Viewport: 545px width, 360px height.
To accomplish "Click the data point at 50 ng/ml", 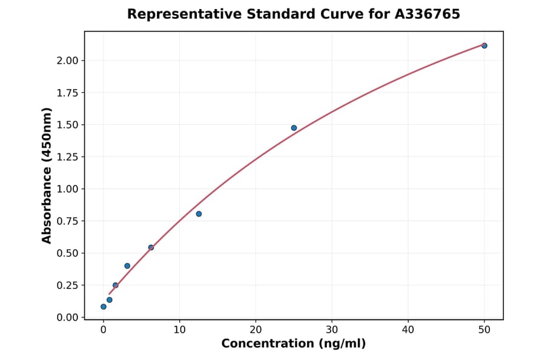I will (x=484, y=45).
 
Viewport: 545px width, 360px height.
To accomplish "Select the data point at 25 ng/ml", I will (x=294, y=128).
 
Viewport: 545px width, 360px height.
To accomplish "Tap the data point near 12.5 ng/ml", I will (x=199, y=214).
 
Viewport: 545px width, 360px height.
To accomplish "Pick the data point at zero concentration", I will (x=104, y=307).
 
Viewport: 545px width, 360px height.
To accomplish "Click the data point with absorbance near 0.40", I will (x=127, y=266).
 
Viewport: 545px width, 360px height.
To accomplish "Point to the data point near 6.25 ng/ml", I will (x=151, y=247).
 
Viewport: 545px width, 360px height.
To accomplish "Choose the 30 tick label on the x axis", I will (x=332, y=330).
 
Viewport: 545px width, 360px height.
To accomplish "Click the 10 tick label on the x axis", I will (x=179, y=330).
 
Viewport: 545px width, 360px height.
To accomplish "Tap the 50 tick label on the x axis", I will (x=484, y=330).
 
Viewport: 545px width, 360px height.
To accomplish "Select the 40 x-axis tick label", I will (x=408, y=330).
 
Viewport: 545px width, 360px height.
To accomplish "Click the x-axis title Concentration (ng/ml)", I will (x=294, y=344).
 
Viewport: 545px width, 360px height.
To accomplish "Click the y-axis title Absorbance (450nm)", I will (x=47, y=175).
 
